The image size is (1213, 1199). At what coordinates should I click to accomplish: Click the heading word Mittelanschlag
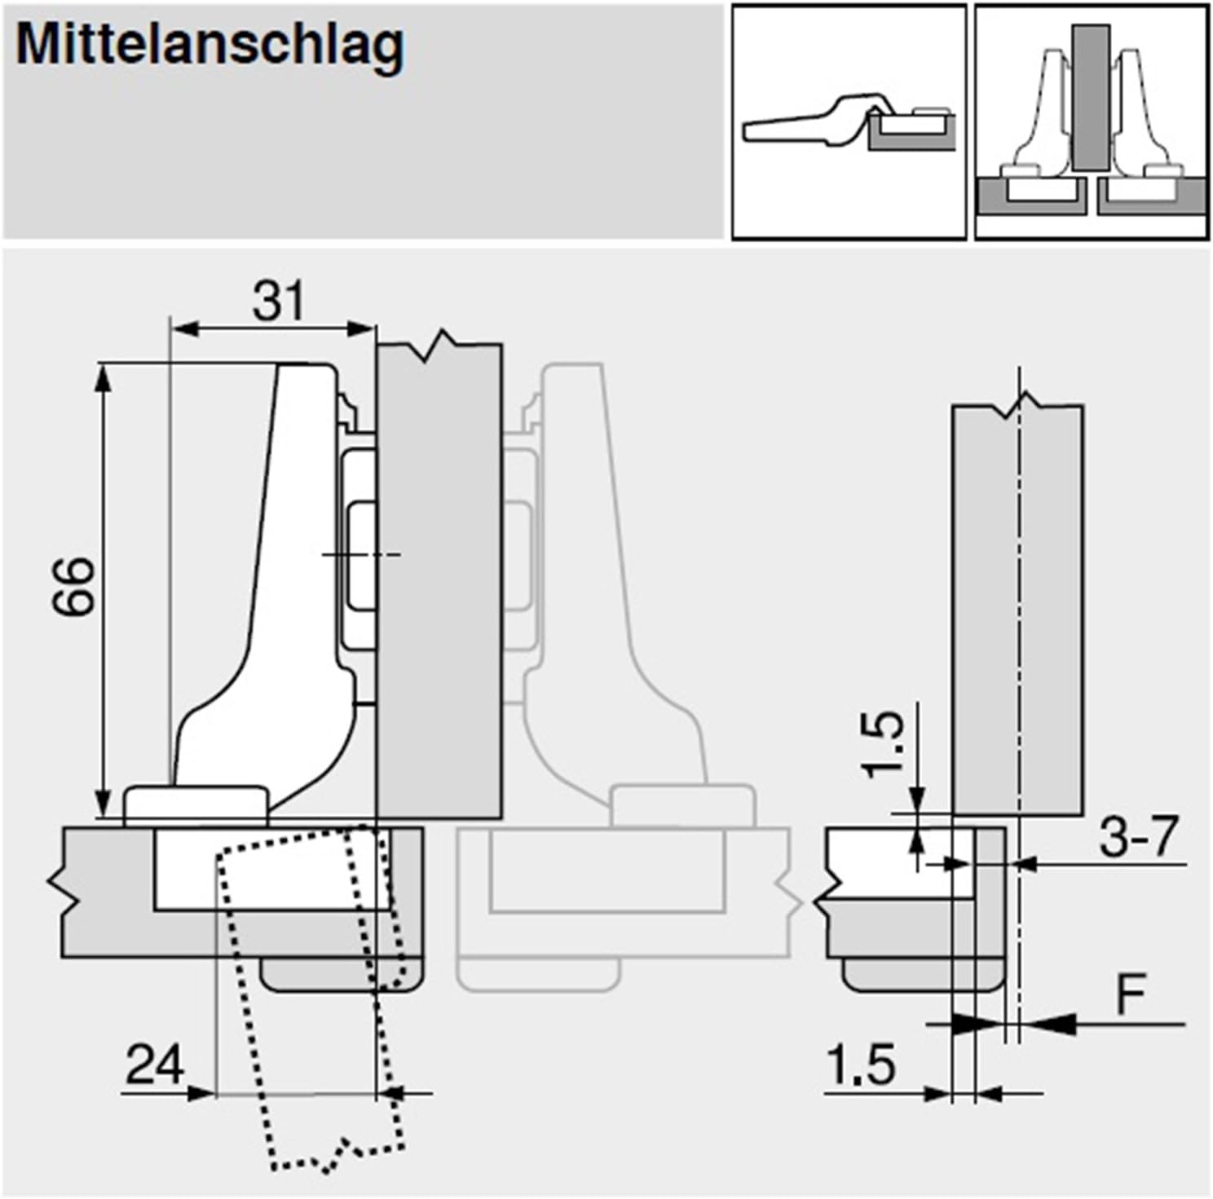[x=210, y=46]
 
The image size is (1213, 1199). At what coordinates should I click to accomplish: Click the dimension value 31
[x=278, y=302]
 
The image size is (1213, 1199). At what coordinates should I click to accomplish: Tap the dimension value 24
[x=155, y=1065]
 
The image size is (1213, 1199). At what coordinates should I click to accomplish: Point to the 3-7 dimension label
[x=1139, y=836]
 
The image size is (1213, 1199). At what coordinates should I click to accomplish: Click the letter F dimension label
[x=1131, y=994]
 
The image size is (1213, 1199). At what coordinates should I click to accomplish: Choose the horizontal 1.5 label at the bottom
[x=861, y=1065]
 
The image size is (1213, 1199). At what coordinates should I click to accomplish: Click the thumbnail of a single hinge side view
[x=849, y=122]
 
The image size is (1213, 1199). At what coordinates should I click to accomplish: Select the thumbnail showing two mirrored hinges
[x=1092, y=122]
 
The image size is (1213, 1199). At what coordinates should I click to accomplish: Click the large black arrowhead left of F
[x=1052, y=1024]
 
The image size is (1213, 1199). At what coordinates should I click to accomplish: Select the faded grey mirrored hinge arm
[x=620, y=571]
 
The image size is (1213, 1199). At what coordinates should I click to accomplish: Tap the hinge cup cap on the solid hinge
[x=196, y=803]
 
